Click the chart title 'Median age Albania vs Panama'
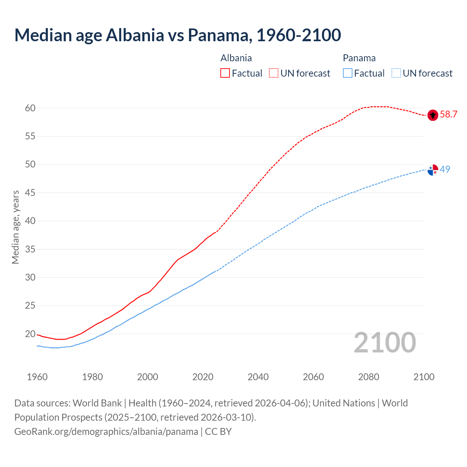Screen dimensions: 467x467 click(178, 35)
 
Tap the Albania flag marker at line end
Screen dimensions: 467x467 click(433, 115)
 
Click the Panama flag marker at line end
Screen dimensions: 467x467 click(433, 170)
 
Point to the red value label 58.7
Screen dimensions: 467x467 click(448, 115)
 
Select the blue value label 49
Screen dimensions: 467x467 click(445, 169)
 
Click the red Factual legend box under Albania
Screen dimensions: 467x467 click(225, 73)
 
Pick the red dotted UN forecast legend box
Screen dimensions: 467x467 click(274, 73)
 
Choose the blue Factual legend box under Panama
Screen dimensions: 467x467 click(348, 73)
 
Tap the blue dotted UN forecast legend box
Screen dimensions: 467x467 click(396, 73)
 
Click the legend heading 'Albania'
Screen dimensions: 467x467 click(236, 58)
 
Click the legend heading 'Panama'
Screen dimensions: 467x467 click(359, 58)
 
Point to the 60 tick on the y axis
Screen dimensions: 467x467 click(30, 108)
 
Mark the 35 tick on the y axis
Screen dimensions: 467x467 click(30, 249)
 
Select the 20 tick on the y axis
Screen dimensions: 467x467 click(30, 334)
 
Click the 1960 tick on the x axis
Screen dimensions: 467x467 click(37, 377)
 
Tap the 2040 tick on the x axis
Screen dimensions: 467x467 click(258, 377)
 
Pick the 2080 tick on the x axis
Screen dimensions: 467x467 click(368, 377)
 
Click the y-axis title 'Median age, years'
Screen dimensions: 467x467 click(15, 227)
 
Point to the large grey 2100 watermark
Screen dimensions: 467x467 click(385, 343)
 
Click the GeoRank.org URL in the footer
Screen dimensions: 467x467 click(106, 432)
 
